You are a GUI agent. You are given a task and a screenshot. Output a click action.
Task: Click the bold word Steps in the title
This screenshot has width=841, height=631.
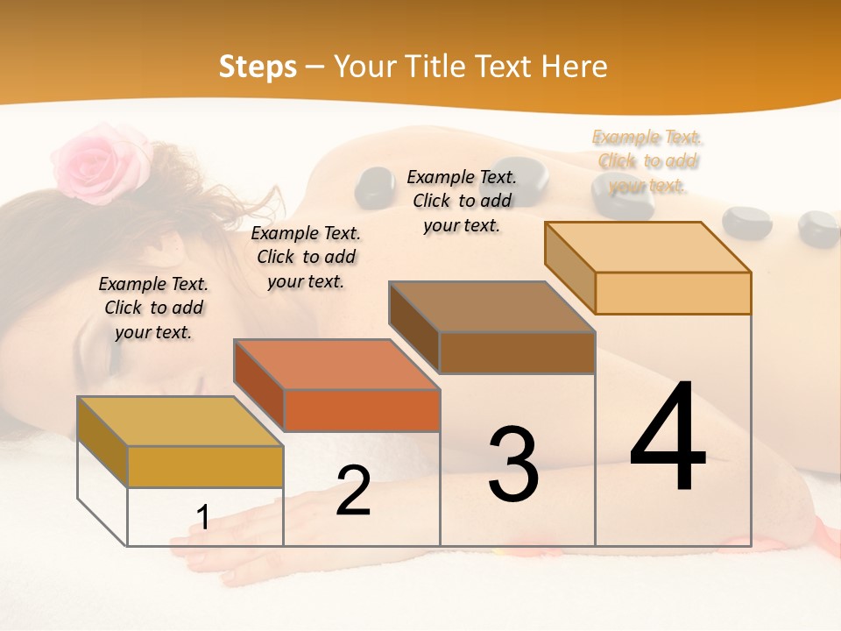[x=258, y=67]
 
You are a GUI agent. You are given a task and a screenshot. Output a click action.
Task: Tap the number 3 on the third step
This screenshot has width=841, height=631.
[x=512, y=464]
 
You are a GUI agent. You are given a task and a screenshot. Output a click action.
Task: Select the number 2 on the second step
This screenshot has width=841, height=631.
[x=353, y=491]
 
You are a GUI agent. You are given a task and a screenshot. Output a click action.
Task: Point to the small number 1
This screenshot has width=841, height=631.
[x=203, y=517]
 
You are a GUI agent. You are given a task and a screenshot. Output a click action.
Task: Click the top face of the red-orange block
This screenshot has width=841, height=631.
[x=336, y=365]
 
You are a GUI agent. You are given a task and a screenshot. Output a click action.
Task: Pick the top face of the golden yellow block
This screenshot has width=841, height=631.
[x=180, y=422]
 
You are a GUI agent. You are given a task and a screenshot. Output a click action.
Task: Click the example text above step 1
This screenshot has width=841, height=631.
[x=153, y=308]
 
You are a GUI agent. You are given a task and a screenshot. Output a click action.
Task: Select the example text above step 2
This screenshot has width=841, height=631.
[x=306, y=257]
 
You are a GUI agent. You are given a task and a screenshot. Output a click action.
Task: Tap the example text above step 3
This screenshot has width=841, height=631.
[x=462, y=201]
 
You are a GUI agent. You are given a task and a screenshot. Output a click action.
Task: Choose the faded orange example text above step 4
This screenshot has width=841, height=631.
[x=647, y=160]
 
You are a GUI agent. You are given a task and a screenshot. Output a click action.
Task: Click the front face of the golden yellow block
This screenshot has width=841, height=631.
[x=205, y=466]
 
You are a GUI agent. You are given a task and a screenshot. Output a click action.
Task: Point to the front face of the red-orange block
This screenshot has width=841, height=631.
[x=362, y=410]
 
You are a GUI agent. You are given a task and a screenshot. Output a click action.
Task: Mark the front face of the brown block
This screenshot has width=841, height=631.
[x=517, y=352]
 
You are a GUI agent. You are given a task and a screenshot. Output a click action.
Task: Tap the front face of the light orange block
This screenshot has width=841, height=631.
[x=673, y=293]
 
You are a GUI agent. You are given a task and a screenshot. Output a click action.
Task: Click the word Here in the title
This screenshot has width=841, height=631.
[x=574, y=67]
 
